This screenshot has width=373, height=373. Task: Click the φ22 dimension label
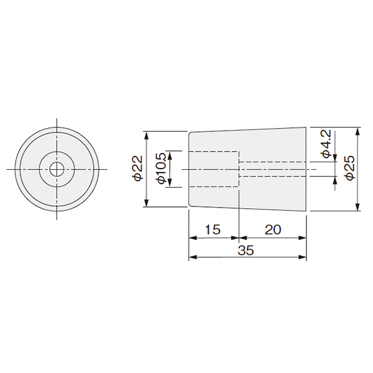pyautogui.click(x=138, y=168)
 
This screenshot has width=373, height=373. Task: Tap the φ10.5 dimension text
pyautogui.click(x=161, y=168)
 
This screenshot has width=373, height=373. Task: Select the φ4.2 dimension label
pyautogui.click(x=326, y=144)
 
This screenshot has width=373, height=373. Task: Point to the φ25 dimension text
pyautogui.click(x=349, y=168)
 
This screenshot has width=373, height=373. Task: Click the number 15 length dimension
pyautogui.click(x=213, y=229)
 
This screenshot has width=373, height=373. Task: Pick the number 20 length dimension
pyautogui.click(x=273, y=229)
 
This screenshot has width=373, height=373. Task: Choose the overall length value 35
pyautogui.click(x=246, y=251)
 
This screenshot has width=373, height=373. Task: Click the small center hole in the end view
pyautogui.click(x=57, y=169)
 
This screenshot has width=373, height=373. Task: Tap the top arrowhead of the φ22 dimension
pyautogui.click(x=147, y=136)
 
